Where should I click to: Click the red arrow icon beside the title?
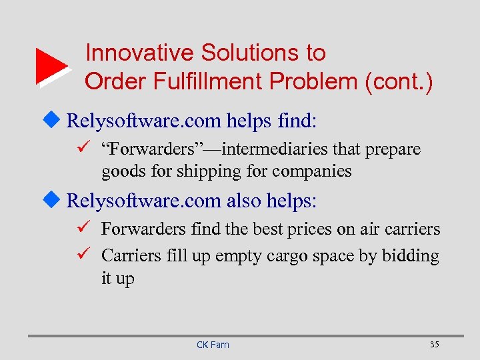51,67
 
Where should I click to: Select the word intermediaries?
259,149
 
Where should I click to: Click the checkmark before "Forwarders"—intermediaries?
83,149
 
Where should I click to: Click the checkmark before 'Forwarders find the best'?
83,229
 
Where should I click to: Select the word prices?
315,229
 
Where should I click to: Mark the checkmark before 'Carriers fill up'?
83,255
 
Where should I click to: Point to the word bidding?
411,256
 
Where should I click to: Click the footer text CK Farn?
213,344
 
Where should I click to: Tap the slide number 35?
435,344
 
